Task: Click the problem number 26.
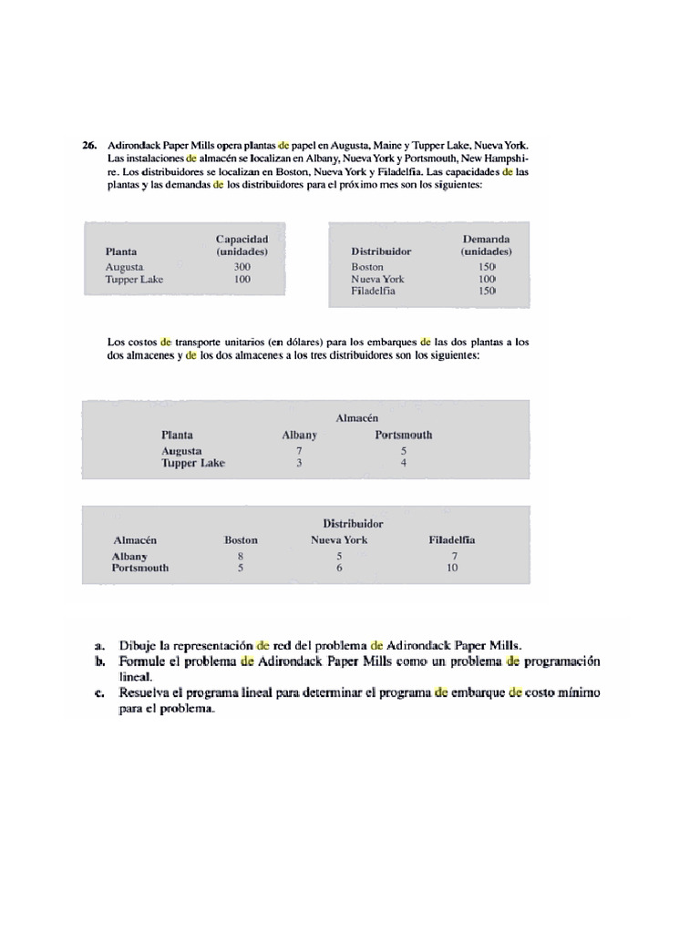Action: (88, 145)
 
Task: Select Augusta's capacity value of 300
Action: (242, 267)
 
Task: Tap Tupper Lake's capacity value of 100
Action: (242, 279)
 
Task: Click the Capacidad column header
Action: (242, 239)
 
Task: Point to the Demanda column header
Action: (486, 239)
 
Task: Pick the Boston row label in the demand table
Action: (367, 267)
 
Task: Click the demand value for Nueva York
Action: (487, 279)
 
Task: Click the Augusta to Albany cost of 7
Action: (299, 451)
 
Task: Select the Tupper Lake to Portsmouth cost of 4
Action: (404, 463)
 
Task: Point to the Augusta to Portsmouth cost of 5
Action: (404, 451)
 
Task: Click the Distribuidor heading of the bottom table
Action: (353, 524)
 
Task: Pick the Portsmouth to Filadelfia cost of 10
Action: (452, 568)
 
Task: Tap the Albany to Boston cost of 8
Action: (241, 556)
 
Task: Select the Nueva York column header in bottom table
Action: (339, 539)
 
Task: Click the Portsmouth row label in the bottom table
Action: (140, 568)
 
